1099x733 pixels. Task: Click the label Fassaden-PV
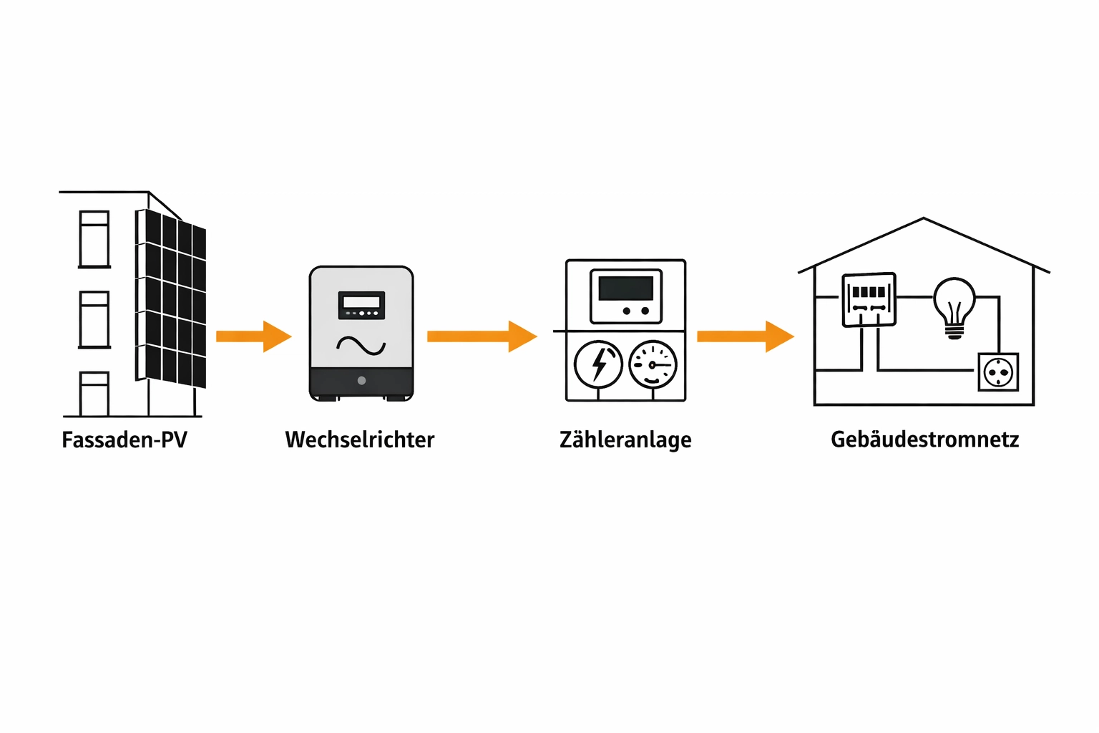124,440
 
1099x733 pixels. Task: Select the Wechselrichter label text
359,440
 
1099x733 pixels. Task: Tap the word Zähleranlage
625,440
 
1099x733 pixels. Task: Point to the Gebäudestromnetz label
924,440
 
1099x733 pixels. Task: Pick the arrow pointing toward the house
745,336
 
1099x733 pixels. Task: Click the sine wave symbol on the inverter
361,346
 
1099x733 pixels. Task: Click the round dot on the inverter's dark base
361,381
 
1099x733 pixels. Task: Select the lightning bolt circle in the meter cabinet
598,364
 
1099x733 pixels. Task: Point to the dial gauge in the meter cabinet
653,364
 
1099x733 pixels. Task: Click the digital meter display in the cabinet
626,288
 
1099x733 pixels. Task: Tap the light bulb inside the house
954,304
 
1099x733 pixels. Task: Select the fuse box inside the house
869,300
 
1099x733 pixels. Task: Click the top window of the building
94,239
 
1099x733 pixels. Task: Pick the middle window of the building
94,319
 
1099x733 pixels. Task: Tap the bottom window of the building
94,394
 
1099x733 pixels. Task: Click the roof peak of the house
924,219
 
